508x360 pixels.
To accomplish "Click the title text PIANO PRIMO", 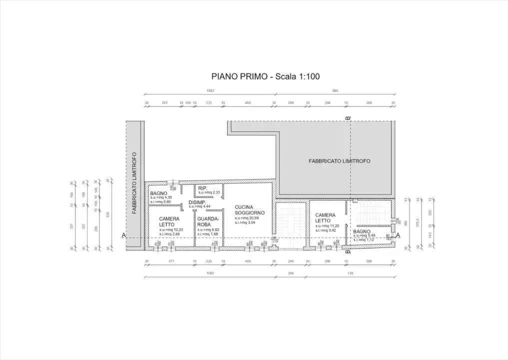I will pyautogui.click(x=238, y=76).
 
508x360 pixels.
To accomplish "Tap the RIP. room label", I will pyautogui.click(x=202, y=188).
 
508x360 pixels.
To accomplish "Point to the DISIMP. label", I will pyautogui.click(x=197, y=202).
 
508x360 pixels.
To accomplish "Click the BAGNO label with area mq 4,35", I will pyautogui.click(x=158, y=193).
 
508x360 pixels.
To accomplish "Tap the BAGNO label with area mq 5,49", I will pyautogui.click(x=362, y=231).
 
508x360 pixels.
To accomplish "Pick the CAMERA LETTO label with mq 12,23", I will pyautogui.click(x=169, y=221).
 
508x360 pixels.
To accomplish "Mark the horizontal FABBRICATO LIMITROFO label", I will pyautogui.click(x=339, y=161).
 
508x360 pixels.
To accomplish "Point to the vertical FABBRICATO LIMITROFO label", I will pyautogui.click(x=134, y=183).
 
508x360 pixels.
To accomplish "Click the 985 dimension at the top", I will pyautogui.click(x=335, y=91).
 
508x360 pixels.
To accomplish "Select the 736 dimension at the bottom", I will pyautogui.click(x=350, y=273).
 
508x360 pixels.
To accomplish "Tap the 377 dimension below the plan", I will pyautogui.click(x=170, y=261).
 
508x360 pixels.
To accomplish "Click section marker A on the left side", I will pyautogui.click(x=123, y=235).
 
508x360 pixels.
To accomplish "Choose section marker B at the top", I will pyautogui.click(x=348, y=118).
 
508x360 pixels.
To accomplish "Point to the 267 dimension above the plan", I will pyautogui.click(x=164, y=103).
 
